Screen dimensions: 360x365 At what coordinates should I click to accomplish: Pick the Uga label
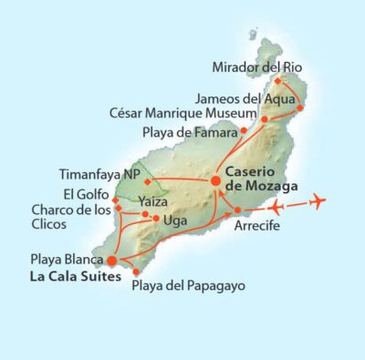(x=173, y=220)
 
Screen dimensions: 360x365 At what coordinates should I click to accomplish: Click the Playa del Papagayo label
(x=189, y=286)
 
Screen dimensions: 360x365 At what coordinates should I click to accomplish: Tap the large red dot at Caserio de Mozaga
(x=216, y=180)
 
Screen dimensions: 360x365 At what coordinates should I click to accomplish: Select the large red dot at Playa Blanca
(x=113, y=262)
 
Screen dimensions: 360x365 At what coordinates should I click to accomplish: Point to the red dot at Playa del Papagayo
(x=136, y=272)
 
